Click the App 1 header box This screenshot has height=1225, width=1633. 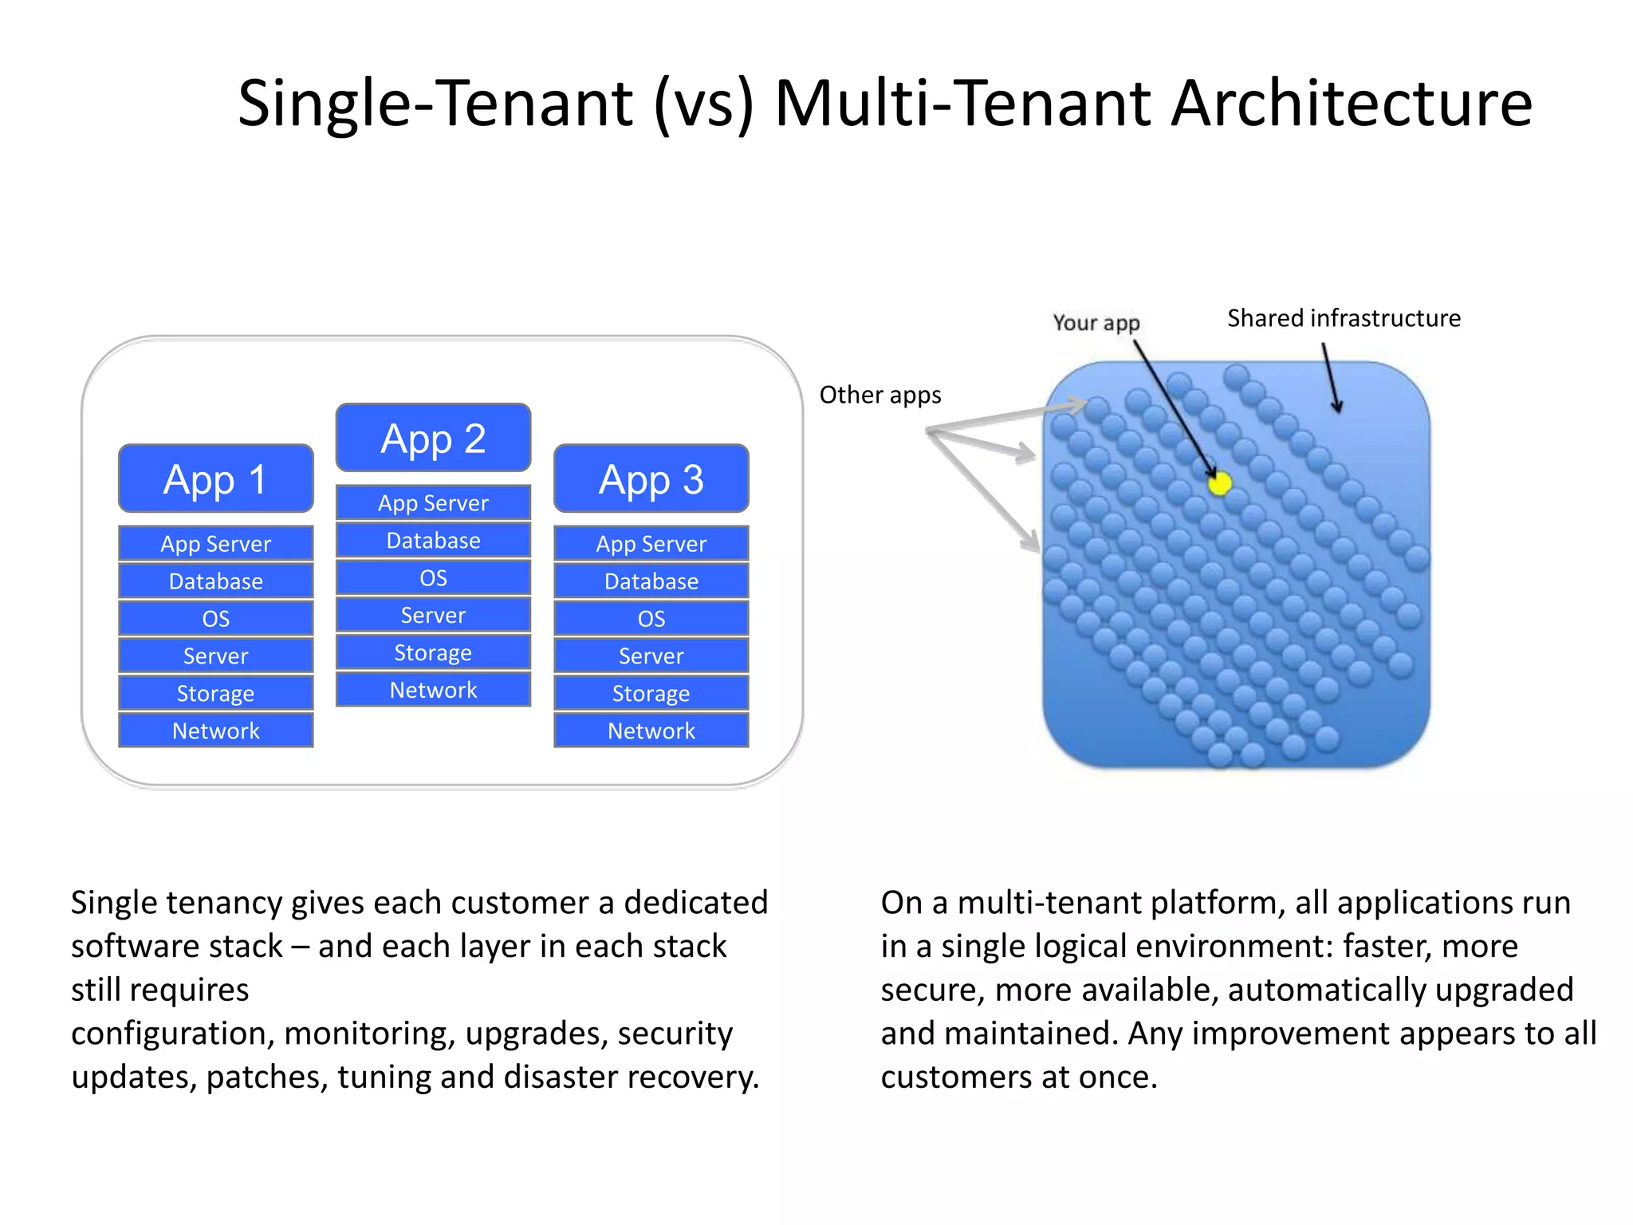pyautogui.click(x=215, y=479)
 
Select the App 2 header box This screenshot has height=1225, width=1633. pyautogui.click(x=433, y=438)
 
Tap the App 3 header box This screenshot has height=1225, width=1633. pyautogui.click(x=651, y=479)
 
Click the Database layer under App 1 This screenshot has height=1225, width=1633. pyautogui.click(x=215, y=581)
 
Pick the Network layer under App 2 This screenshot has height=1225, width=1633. pyautogui.click(x=433, y=690)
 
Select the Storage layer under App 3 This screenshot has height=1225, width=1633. pyautogui.click(x=651, y=693)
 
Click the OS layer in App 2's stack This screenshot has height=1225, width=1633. pyautogui.click(x=433, y=577)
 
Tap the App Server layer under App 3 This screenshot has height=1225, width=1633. pyautogui.click(x=651, y=543)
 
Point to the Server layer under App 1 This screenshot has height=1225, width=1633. pyautogui.click(x=215, y=656)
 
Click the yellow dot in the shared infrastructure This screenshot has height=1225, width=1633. pyautogui.click(x=1219, y=483)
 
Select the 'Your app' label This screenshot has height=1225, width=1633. pyautogui.click(x=1096, y=322)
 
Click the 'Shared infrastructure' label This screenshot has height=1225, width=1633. pyautogui.click(x=1344, y=318)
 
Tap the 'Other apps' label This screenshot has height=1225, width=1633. pyautogui.click(x=880, y=395)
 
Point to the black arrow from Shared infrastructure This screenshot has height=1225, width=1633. pyautogui.click(x=1331, y=378)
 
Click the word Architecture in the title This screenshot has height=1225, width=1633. pyautogui.click(x=1351, y=104)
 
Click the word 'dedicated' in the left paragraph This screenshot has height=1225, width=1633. pyautogui.click(x=695, y=903)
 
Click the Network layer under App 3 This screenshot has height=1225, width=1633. pyautogui.click(x=651, y=731)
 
